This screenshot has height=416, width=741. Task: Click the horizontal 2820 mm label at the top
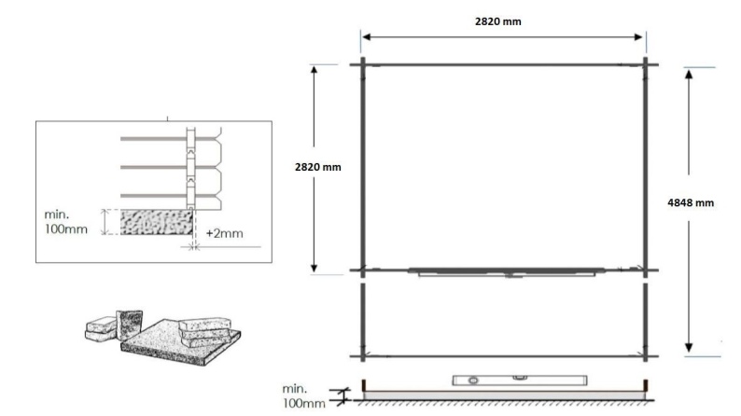(x=505, y=21)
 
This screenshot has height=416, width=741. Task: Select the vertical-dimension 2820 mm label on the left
(x=317, y=167)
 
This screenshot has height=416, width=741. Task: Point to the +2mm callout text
(x=224, y=233)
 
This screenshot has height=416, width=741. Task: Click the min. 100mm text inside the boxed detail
(x=66, y=220)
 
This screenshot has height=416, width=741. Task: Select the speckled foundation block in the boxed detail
(x=155, y=222)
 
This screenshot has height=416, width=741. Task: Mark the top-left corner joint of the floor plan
(x=362, y=64)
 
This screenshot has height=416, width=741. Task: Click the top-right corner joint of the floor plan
(x=645, y=64)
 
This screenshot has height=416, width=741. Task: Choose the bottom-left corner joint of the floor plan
(x=362, y=355)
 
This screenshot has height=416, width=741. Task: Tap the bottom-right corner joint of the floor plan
(x=645, y=355)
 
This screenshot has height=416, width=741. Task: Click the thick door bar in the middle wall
(x=504, y=271)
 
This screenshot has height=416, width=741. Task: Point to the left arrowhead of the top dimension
(x=367, y=37)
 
